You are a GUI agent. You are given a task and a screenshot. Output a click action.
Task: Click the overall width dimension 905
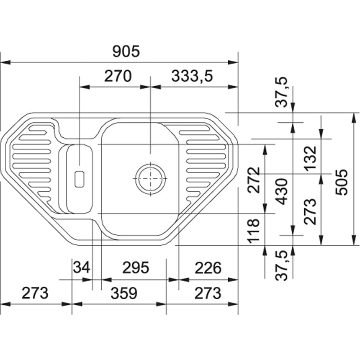[x=126, y=51]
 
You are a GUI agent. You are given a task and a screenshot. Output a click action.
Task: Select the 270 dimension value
[x=118, y=76]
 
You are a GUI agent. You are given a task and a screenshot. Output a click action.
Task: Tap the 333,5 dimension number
[x=192, y=76]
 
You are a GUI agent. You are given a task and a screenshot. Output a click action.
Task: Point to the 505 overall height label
[x=342, y=182]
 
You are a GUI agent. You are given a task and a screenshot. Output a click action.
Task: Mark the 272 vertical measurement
[x=254, y=180]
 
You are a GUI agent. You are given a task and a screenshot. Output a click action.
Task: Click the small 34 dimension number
[x=81, y=267]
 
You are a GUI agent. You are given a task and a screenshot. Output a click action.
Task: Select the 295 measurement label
[x=136, y=267]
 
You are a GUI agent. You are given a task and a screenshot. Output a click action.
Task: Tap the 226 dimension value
[x=208, y=268]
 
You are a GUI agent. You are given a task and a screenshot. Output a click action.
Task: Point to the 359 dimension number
[x=124, y=293]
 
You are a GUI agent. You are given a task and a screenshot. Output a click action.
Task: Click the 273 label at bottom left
[x=35, y=293]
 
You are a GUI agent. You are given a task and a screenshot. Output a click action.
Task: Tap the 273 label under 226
[x=208, y=293]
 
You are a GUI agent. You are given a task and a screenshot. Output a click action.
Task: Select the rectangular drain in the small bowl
[x=80, y=179]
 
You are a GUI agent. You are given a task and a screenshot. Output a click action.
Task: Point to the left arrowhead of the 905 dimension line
[x=5, y=62]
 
